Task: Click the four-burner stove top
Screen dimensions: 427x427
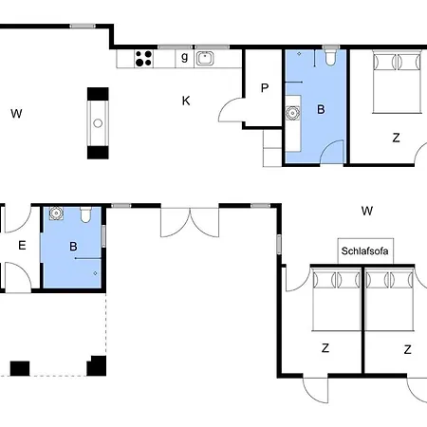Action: tap(143, 59)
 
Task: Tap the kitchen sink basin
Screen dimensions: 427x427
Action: tap(205, 59)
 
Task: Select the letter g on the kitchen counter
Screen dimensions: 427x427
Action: tap(185, 57)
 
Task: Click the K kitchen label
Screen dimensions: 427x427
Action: tap(186, 101)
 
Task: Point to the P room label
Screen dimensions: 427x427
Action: tap(265, 87)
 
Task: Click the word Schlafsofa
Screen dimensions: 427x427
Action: tap(364, 251)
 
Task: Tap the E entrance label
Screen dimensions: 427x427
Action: tap(22, 245)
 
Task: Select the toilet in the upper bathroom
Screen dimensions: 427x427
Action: tap(330, 56)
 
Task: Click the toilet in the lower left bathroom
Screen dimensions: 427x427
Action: tap(85, 214)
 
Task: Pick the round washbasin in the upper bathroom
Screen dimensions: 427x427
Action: tap(292, 113)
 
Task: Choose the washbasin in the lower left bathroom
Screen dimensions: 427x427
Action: tap(56, 213)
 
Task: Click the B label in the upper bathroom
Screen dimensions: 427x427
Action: tap(321, 109)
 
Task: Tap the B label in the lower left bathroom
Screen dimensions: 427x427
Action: tap(73, 247)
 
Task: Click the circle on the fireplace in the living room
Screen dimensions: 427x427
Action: tap(98, 123)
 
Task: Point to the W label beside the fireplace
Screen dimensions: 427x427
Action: tap(16, 113)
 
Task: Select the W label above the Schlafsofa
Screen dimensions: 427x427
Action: tap(367, 211)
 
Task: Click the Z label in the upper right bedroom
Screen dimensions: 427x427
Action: tap(396, 138)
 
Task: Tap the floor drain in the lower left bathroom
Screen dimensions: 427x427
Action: tap(95, 273)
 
